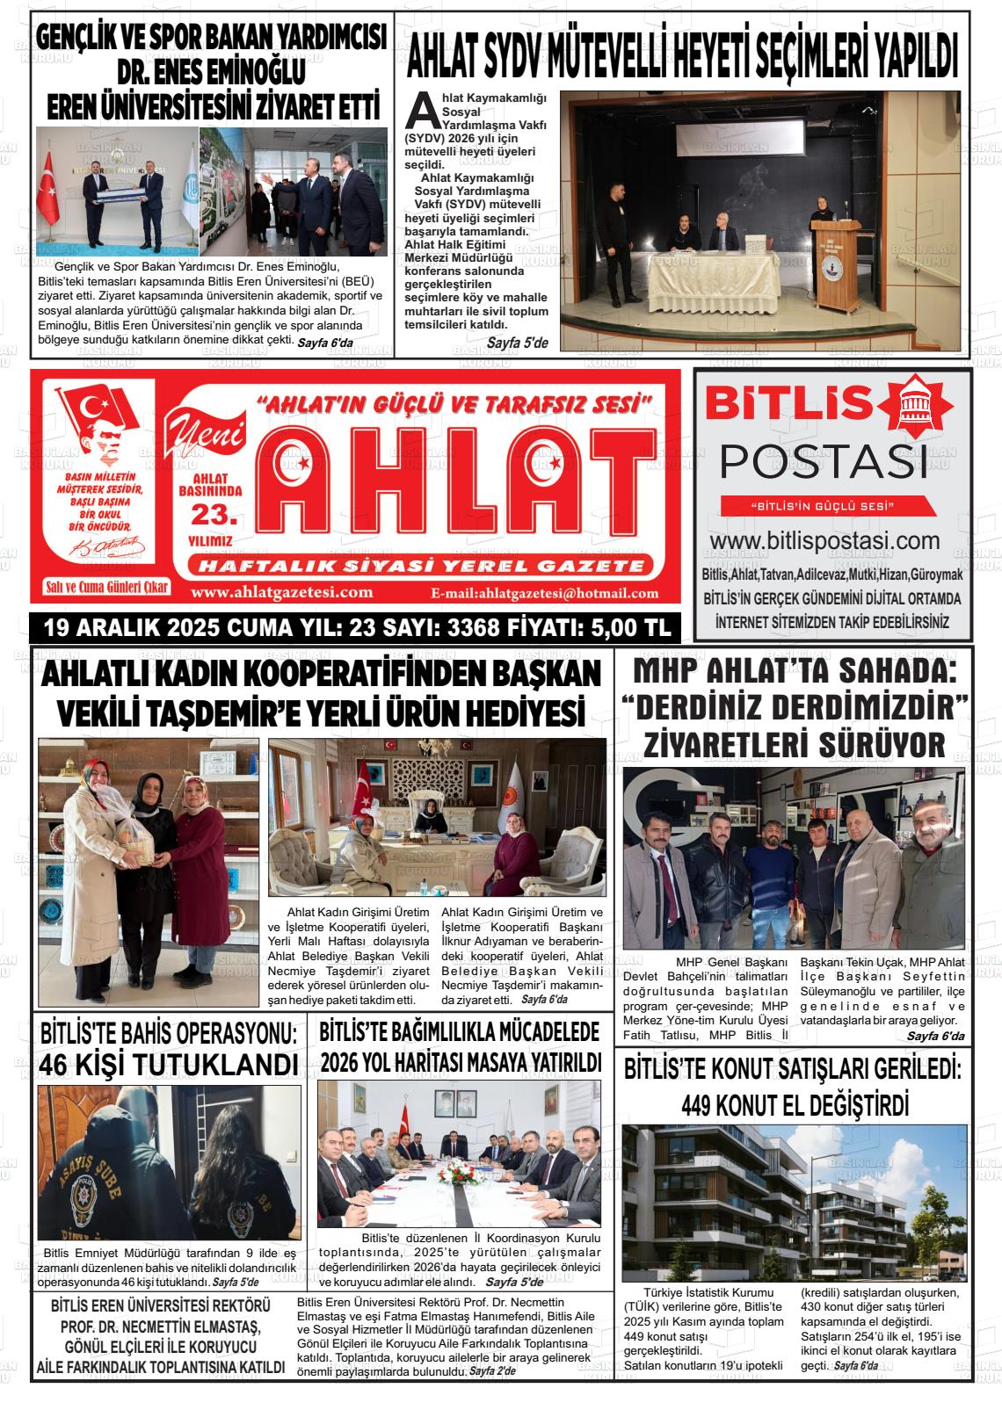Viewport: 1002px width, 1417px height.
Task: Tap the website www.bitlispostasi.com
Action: (x=824, y=540)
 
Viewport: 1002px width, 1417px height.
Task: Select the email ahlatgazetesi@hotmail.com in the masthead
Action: (x=545, y=593)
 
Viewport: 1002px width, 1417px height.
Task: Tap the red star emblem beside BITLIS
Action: (x=917, y=405)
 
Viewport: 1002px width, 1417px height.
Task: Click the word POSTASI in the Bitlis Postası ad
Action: (x=824, y=462)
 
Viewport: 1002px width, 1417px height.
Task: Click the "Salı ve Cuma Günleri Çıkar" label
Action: (x=107, y=587)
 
